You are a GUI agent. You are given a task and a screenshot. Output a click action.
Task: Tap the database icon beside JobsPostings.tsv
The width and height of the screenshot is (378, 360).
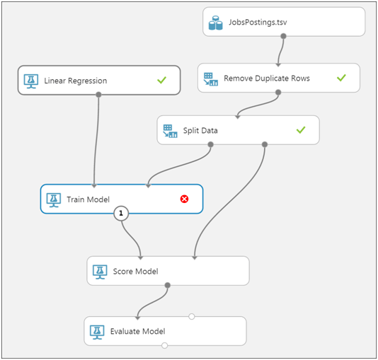pos(216,23)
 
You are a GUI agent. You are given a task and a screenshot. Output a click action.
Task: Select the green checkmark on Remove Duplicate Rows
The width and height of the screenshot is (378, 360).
pos(341,78)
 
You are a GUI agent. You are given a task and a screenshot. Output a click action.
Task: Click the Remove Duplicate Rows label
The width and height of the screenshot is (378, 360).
pos(266,78)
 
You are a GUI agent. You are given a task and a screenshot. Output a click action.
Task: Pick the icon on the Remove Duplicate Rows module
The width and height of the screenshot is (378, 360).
pos(210,79)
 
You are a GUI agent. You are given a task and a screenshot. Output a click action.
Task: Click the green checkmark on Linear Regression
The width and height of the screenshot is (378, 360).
pos(161,81)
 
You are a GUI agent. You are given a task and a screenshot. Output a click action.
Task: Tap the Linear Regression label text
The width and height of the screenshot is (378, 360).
pos(76,81)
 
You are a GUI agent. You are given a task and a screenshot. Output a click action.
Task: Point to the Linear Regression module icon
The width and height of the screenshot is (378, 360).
pos(30,81)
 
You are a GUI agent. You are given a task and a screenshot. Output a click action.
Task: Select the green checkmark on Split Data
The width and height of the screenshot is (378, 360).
pos(300,130)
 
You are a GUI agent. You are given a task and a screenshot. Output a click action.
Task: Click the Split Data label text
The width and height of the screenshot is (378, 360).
pos(200,131)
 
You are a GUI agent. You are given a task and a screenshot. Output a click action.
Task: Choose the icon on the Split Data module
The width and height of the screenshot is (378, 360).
pos(170,131)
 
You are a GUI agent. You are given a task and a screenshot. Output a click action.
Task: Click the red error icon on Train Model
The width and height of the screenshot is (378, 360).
pos(185,199)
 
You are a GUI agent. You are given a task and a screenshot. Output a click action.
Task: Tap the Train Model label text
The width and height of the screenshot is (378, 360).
pos(88,199)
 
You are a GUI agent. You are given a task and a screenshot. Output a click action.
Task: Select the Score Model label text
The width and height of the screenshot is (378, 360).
pos(135,271)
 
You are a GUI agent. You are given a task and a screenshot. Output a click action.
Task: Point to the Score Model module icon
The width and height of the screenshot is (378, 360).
pos(100,271)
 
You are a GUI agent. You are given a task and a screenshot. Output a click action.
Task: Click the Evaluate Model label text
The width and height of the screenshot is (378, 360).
pos(138,331)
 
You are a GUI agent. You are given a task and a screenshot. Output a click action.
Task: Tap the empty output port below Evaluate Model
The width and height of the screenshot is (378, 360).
pos(165,345)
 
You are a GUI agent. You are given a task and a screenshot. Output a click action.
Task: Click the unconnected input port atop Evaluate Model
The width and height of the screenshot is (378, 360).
pos(192,316)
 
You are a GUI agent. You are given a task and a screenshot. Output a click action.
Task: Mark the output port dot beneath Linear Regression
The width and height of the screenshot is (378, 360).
pos(98,94)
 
